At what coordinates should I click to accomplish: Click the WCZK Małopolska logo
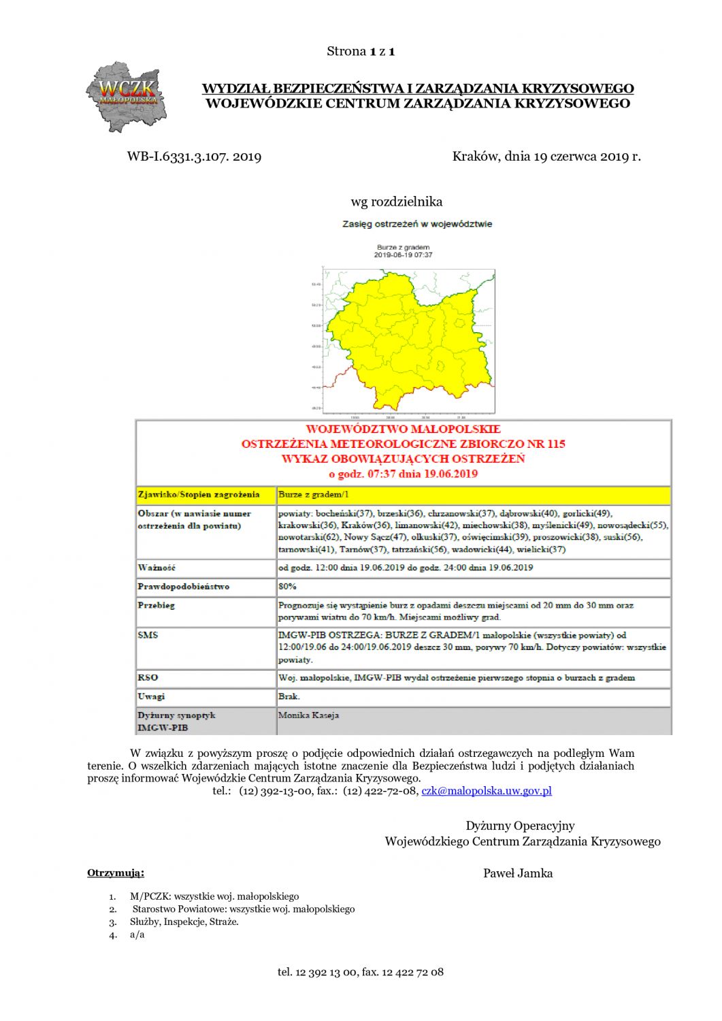pos(127,96)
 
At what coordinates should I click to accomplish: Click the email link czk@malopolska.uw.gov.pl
pos(486,790)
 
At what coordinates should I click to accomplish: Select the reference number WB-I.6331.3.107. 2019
pos(194,157)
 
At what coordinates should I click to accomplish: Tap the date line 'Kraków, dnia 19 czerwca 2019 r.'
pos(546,157)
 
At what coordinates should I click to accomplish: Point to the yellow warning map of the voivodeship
pos(408,340)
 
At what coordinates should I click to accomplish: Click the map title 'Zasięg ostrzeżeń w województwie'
pos(416,224)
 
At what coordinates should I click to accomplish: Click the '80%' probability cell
pos(287,586)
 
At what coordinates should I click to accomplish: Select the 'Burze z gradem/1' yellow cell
pos(314,494)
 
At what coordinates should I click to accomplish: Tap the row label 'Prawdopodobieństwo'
pos(183,586)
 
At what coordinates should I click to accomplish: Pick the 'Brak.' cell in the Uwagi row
pos(289,696)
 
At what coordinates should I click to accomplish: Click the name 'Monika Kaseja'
pos(308,715)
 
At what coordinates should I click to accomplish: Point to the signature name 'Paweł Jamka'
pos(517,873)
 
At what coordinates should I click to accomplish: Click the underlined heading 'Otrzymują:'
pos(116,873)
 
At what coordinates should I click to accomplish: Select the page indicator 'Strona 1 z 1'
pos(361,51)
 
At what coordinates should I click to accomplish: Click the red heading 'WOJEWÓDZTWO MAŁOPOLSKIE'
pos(403,429)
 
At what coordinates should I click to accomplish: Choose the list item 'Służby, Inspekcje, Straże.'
pos(184,922)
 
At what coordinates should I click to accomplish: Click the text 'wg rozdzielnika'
pos(397,201)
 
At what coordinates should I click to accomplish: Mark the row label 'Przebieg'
pos(156,605)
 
